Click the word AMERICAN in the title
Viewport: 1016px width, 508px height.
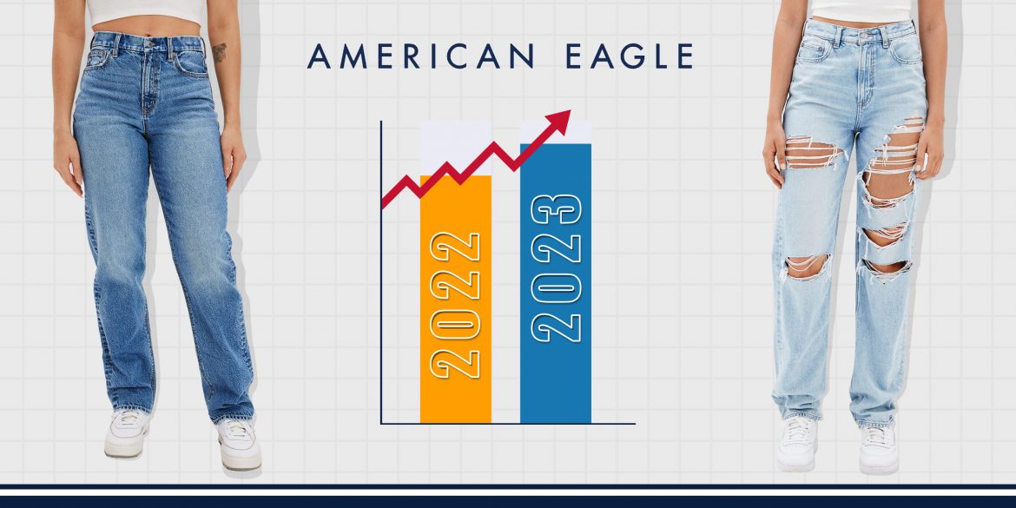[420, 56]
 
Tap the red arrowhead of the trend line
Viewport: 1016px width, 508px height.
[557, 122]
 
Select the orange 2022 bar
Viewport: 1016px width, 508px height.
[456, 299]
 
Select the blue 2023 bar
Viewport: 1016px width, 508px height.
[555, 283]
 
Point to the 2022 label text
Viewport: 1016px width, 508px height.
[456, 305]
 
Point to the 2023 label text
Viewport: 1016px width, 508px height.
[556, 267]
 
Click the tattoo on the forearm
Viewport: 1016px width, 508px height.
[220, 52]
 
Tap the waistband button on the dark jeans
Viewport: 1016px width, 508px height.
[149, 44]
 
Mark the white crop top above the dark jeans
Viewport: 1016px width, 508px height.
[145, 11]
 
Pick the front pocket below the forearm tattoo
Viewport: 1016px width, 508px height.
[190, 63]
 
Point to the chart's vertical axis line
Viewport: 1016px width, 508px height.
[381, 272]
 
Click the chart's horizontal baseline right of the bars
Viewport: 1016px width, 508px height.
[613, 424]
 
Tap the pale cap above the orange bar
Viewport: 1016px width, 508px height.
[456, 148]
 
